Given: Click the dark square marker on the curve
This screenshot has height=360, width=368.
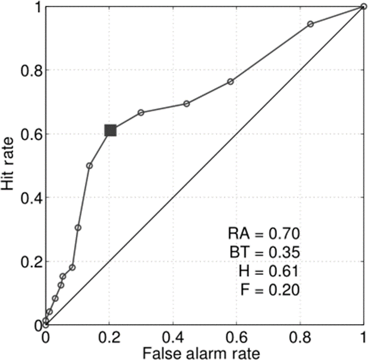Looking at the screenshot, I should coord(110,131).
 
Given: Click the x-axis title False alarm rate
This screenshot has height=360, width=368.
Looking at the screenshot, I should coord(205,352).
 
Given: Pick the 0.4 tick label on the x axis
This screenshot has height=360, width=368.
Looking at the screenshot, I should coord(173,337).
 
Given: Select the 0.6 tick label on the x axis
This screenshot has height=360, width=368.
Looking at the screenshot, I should coord(236,337).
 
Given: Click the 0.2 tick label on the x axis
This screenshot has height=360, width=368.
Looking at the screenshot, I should coord(109,337).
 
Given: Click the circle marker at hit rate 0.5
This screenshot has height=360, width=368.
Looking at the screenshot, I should coord(89,165).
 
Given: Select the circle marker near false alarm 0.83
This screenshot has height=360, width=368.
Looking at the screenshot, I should coord(311,24).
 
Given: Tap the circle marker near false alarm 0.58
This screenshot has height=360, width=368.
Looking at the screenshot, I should coord(230,81).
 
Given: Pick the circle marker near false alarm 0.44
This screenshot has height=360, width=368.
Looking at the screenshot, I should coord(186,104).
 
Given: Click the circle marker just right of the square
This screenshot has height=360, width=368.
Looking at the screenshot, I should coord(141,113).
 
